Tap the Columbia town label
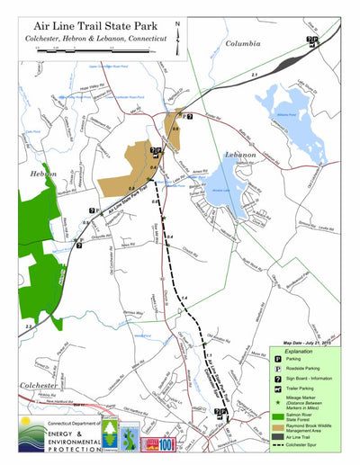(242, 43)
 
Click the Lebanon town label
(241, 156)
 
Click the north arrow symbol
(177, 35)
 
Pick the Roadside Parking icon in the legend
(278, 369)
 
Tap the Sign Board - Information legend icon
(278, 380)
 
